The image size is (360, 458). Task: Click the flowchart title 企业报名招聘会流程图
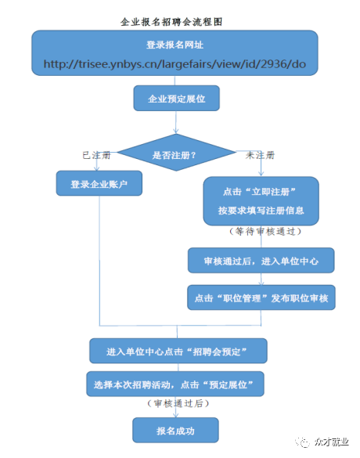tap(171, 22)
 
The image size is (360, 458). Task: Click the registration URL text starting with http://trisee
tap(175, 64)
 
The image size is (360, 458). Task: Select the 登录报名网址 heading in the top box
tap(175, 45)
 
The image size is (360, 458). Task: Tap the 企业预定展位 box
tap(176, 98)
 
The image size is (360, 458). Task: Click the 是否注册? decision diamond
tap(176, 153)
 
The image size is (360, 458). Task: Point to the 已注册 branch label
tap(96, 155)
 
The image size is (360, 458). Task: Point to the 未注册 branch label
tap(260, 155)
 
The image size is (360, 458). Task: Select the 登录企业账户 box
tap(99, 183)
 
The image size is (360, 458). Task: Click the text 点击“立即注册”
tap(259, 192)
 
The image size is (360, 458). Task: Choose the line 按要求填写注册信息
tap(261, 211)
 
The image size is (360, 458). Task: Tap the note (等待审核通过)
tap(265, 232)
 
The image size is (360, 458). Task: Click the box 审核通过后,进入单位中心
tap(261, 261)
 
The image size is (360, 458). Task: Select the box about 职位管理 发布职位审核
tap(261, 298)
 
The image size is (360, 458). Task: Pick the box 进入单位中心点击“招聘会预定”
tap(178, 351)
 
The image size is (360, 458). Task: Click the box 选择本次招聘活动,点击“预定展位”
tap(175, 384)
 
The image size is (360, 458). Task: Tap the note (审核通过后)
tap(178, 403)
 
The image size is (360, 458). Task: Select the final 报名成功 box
tap(175, 430)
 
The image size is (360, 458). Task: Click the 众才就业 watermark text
tap(332, 442)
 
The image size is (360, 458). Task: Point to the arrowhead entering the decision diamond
tap(176, 132)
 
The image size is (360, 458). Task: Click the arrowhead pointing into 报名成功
tap(176, 415)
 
